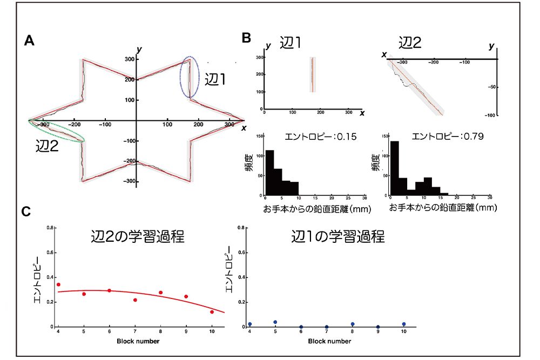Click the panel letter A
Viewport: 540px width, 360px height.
(30, 41)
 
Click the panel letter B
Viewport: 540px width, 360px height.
(246, 38)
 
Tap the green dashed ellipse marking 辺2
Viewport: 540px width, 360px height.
(57, 131)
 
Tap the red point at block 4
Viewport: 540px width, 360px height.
(58, 284)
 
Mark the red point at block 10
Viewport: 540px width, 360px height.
(212, 312)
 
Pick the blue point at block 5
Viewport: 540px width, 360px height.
(275, 322)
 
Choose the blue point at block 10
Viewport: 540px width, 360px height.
(403, 324)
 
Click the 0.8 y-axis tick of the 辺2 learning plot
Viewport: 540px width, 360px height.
(49, 228)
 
